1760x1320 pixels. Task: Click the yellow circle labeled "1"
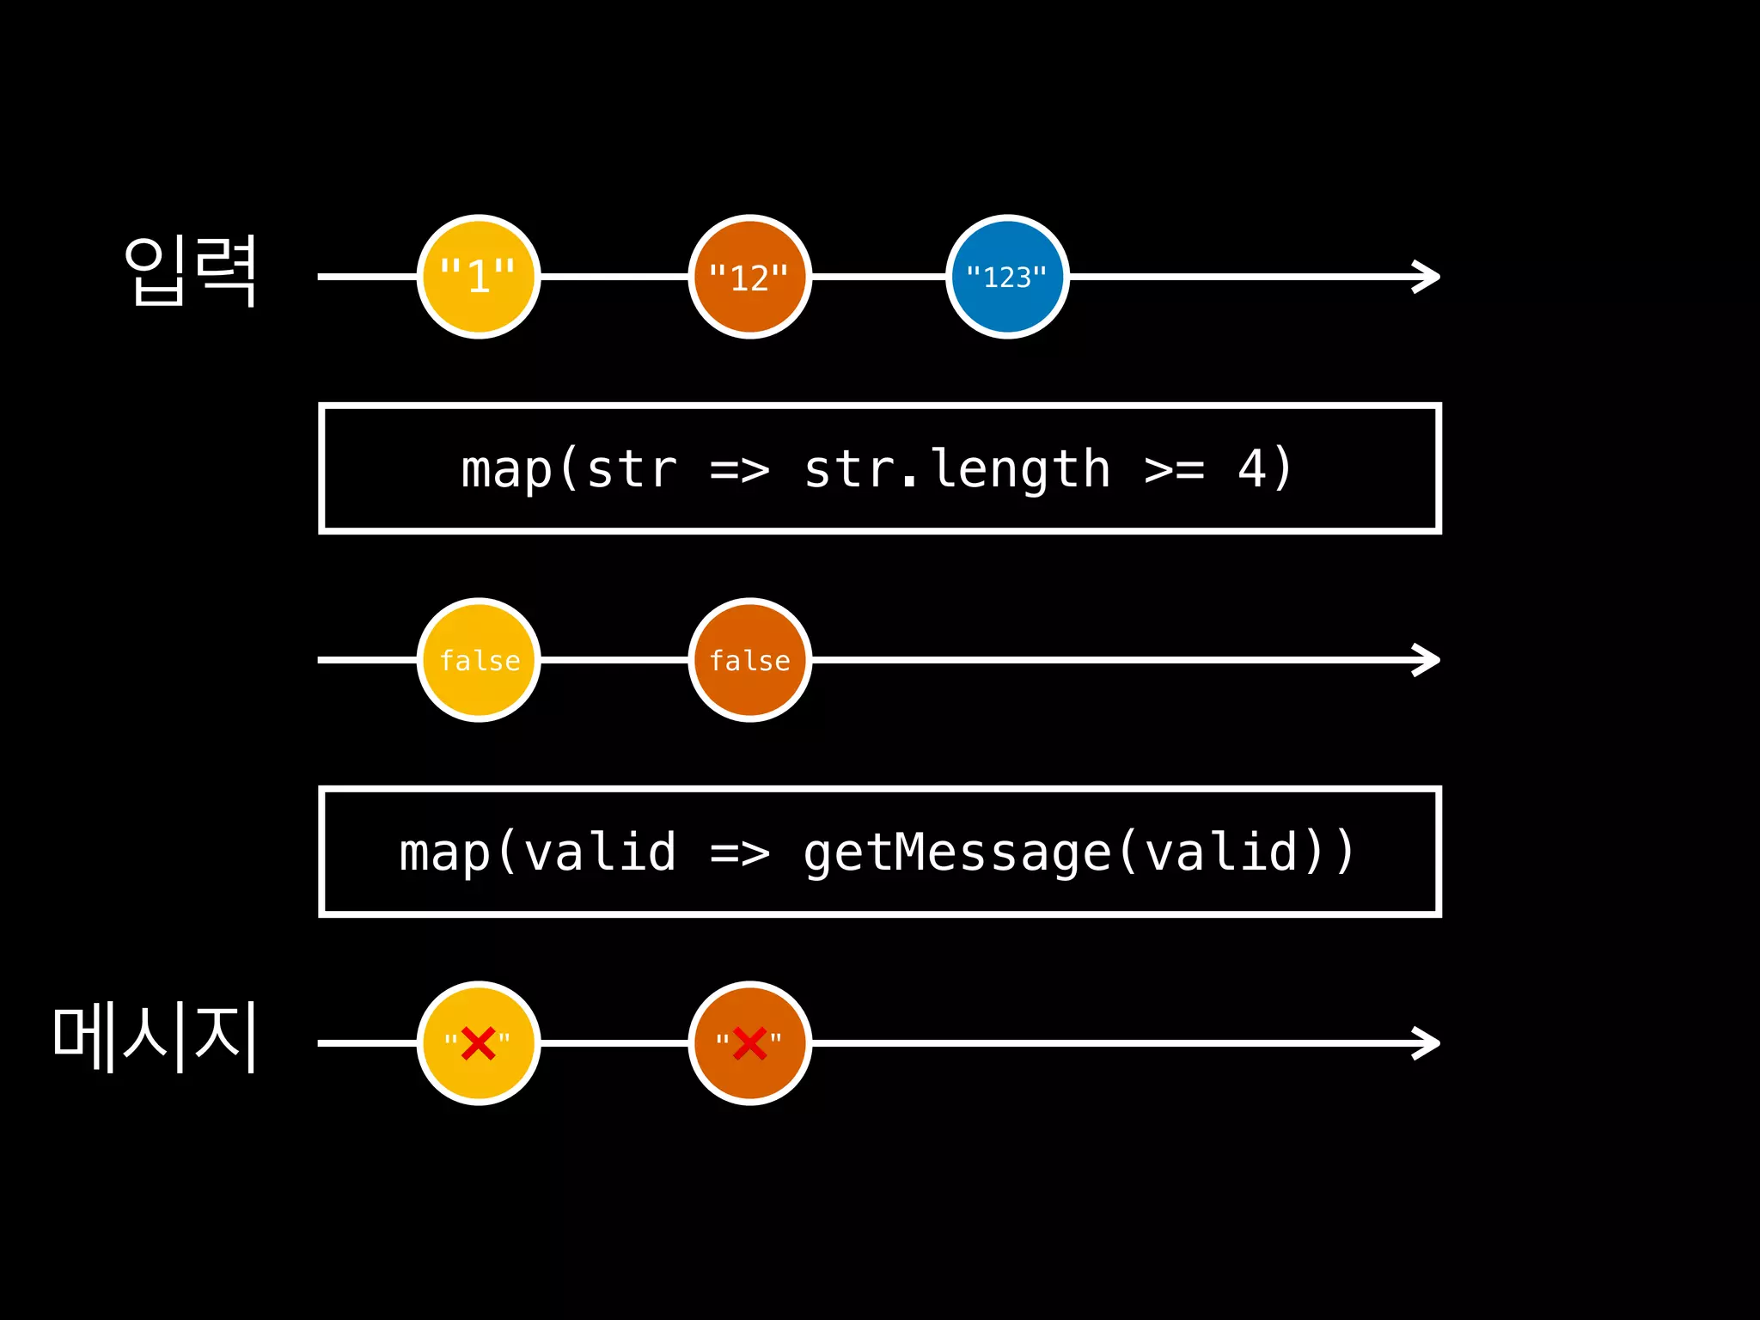point(479,277)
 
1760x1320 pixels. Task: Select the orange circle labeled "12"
point(749,277)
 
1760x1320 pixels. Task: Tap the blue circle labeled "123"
point(1007,277)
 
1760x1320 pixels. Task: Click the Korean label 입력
point(191,271)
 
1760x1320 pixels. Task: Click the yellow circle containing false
point(479,660)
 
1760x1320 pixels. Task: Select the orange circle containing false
point(749,660)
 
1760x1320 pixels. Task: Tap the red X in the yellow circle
point(478,1043)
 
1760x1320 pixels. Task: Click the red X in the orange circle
point(749,1043)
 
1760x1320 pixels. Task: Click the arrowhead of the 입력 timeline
point(1428,277)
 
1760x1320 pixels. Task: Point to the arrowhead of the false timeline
point(1428,660)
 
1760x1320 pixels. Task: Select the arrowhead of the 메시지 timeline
point(1428,1043)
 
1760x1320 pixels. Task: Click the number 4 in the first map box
point(1251,469)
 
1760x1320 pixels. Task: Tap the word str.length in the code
point(956,469)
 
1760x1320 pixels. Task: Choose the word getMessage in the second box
point(956,852)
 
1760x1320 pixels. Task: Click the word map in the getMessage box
point(444,852)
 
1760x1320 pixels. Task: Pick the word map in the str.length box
point(506,469)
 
